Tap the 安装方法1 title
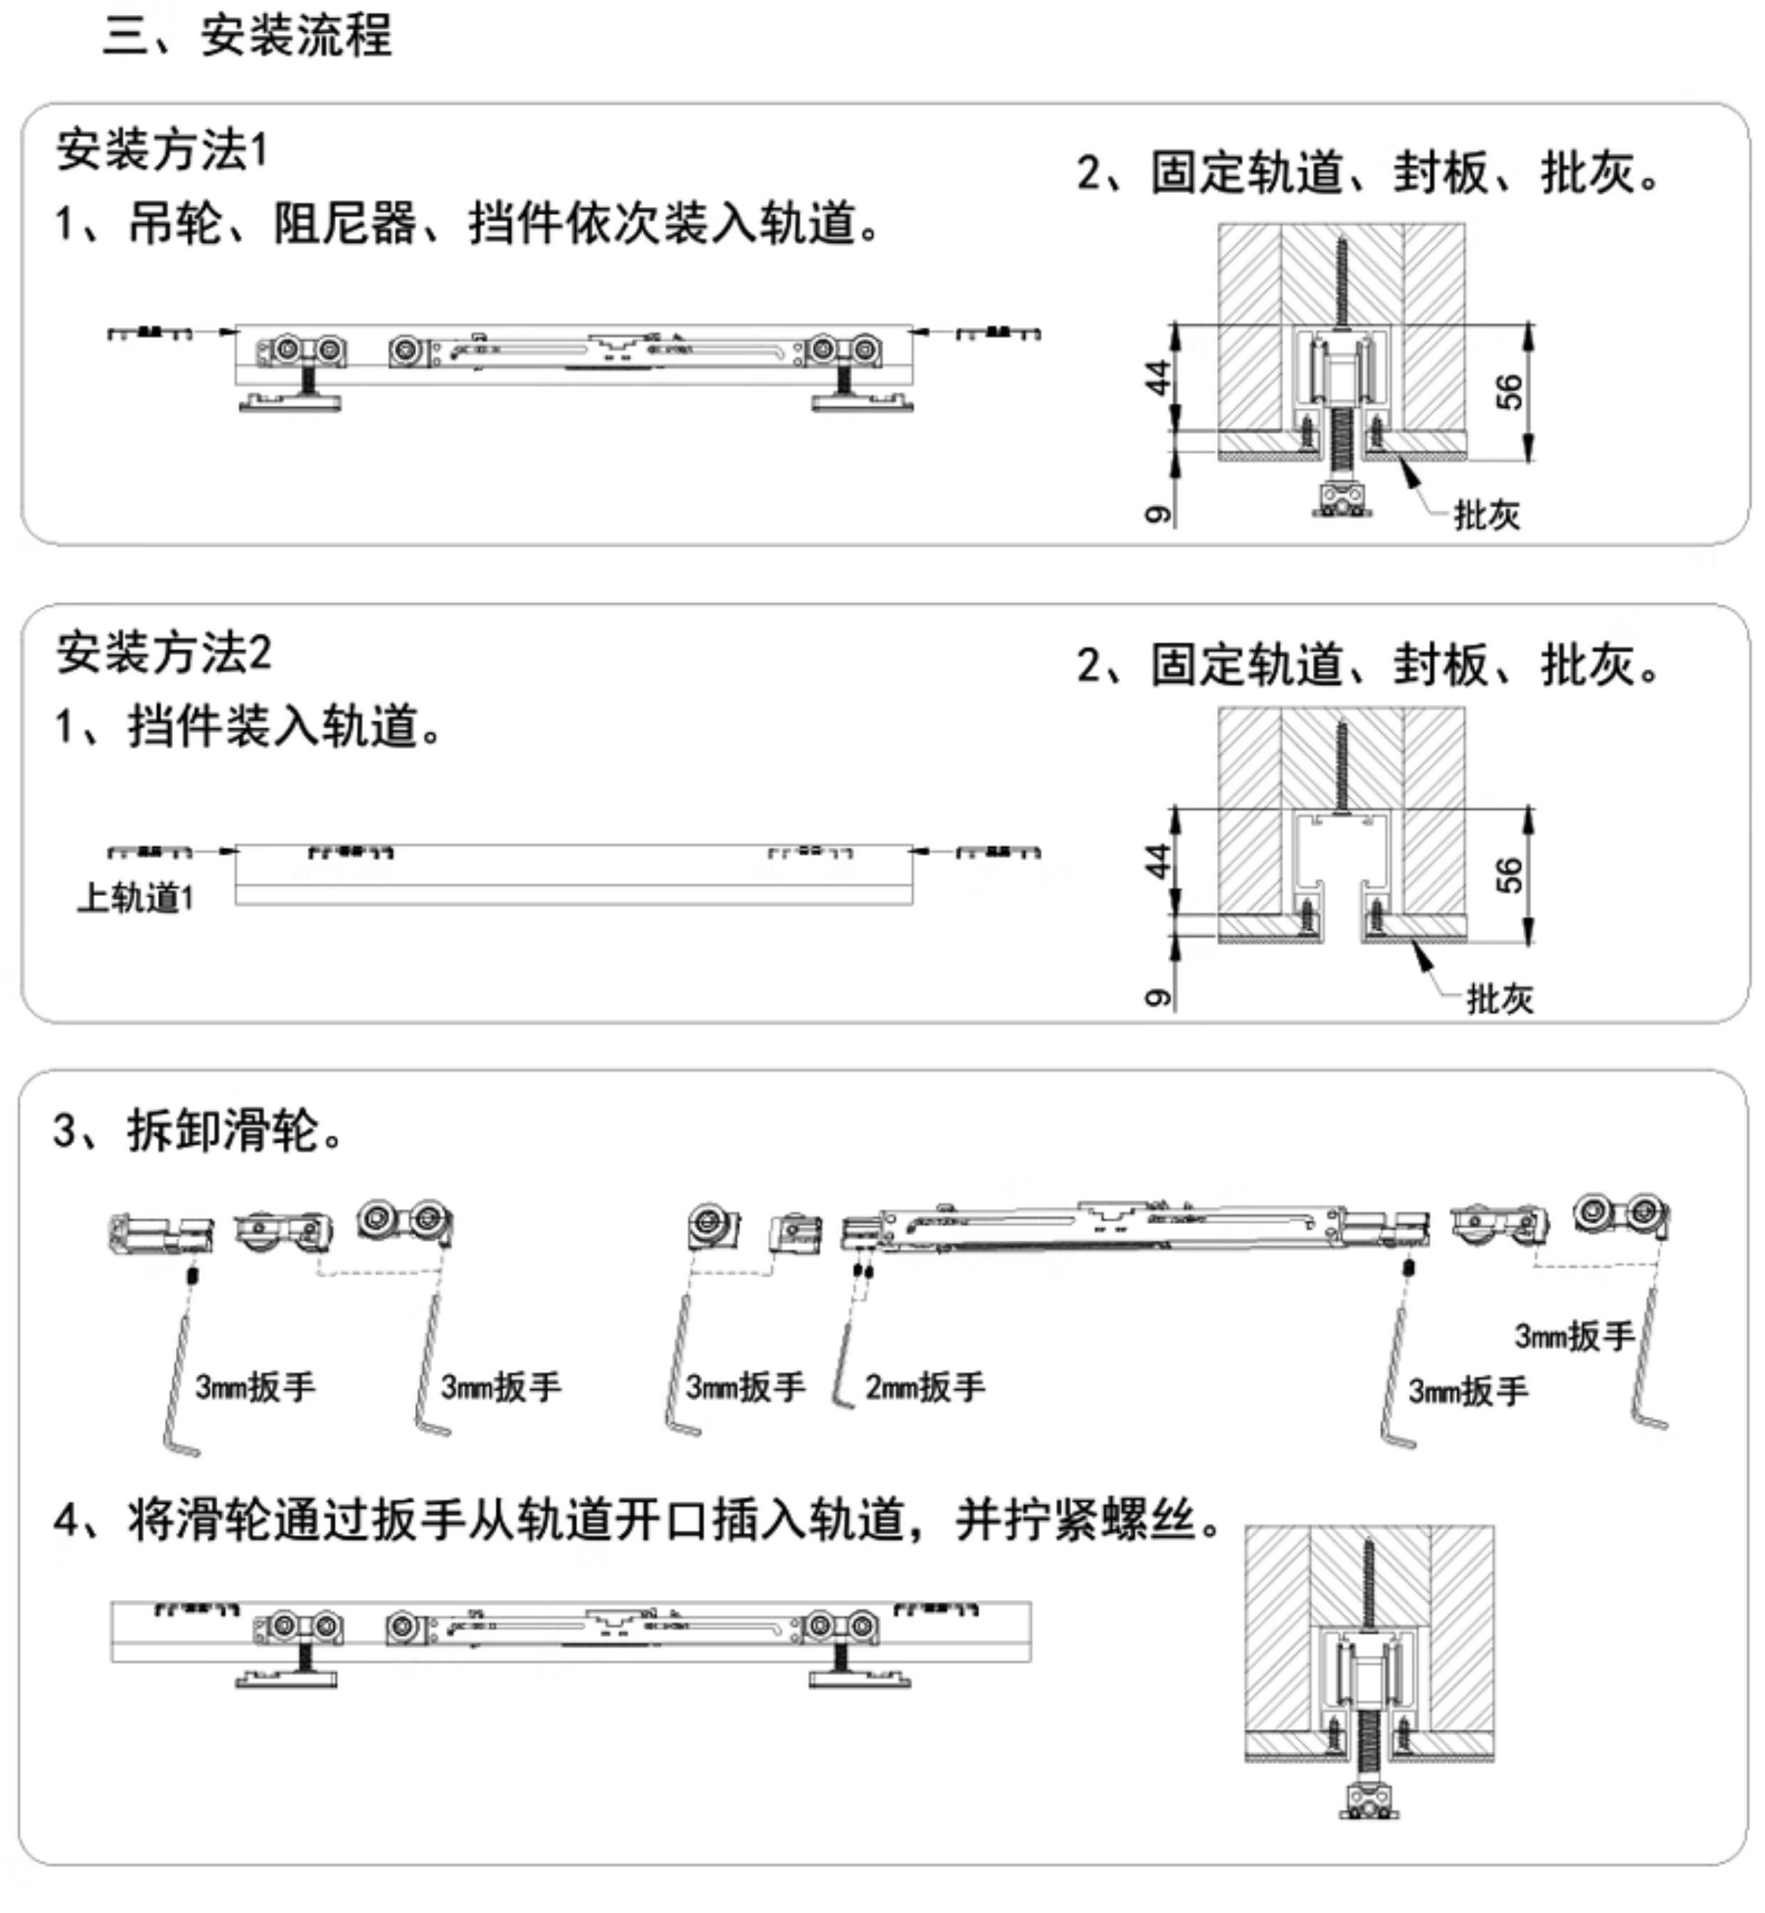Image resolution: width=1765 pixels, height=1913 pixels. (162, 150)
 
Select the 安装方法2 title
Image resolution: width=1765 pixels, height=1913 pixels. (163, 653)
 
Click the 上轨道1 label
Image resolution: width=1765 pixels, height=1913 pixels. (136, 897)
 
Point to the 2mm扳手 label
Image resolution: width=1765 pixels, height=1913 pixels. (924, 1387)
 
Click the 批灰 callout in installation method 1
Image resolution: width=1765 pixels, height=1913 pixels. (1486, 516)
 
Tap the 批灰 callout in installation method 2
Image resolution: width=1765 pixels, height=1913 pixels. (1500, 999)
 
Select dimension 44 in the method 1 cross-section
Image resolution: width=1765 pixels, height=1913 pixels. (1157, 377)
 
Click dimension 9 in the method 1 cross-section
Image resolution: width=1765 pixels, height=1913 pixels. (1157, 514)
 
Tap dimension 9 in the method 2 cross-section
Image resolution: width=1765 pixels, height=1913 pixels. (1157, 997)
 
